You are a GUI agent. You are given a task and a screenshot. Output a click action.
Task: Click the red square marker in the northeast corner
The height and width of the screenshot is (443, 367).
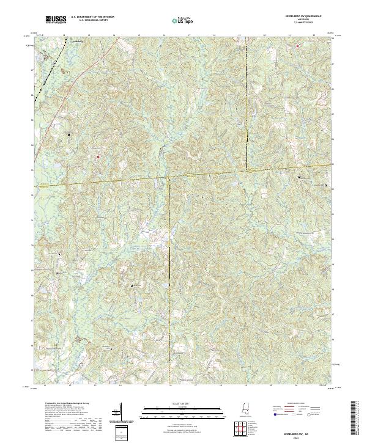click(x=298, y=46)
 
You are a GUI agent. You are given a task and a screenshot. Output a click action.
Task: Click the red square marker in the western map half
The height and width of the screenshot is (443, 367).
click(x=97, y=156)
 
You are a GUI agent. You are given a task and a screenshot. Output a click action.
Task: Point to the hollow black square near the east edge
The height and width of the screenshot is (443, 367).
click(x=325, y=185)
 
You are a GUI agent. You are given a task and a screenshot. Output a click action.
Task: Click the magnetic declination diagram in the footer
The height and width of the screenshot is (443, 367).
click(x=119, y=412)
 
